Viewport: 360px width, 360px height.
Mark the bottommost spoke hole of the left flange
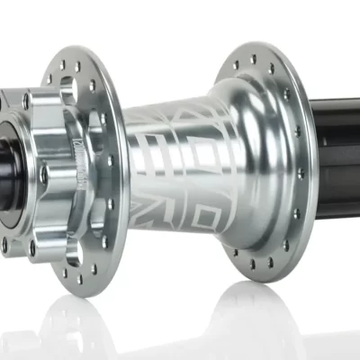(79, 271)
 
